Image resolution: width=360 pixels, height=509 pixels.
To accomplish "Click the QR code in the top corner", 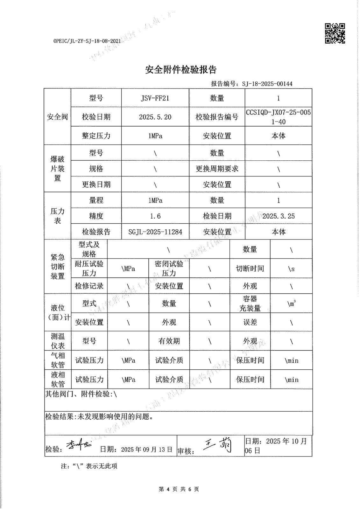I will [x=335, y=33].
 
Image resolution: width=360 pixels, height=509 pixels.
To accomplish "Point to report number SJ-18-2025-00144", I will [x=267, y=84].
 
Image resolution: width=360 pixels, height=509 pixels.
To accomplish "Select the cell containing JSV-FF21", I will [x=155, y=98].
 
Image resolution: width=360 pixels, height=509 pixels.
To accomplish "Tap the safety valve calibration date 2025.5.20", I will [x=155, y=117].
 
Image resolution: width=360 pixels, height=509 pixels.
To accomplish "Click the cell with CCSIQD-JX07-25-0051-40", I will [x=278, y=117].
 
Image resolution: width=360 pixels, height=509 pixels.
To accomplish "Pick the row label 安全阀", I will [x=57, y=117].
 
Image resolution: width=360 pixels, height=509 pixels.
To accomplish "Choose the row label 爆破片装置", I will [x=57, y=169].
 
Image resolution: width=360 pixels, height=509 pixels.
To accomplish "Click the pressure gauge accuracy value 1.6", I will [x=155, y=216].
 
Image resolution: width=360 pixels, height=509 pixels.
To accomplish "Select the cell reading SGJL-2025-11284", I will [x=155, y=232].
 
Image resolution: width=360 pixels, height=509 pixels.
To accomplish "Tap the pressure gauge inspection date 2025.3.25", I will [x=279, y=216].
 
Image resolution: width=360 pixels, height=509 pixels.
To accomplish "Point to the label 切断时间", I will [x=250, y=268].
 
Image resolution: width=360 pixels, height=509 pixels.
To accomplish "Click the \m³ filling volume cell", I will [x=291, y=303].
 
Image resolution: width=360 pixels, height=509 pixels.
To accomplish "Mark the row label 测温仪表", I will [x=58, y=341].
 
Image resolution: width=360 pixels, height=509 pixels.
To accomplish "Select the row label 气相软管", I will [x=58, y=360].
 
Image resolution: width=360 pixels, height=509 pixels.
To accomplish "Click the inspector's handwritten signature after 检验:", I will [x=78, y=446].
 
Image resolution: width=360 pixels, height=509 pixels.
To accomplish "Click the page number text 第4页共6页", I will [x=179, y=489].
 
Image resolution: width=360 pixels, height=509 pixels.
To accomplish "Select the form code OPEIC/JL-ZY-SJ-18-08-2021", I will [x=87, y=41].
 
